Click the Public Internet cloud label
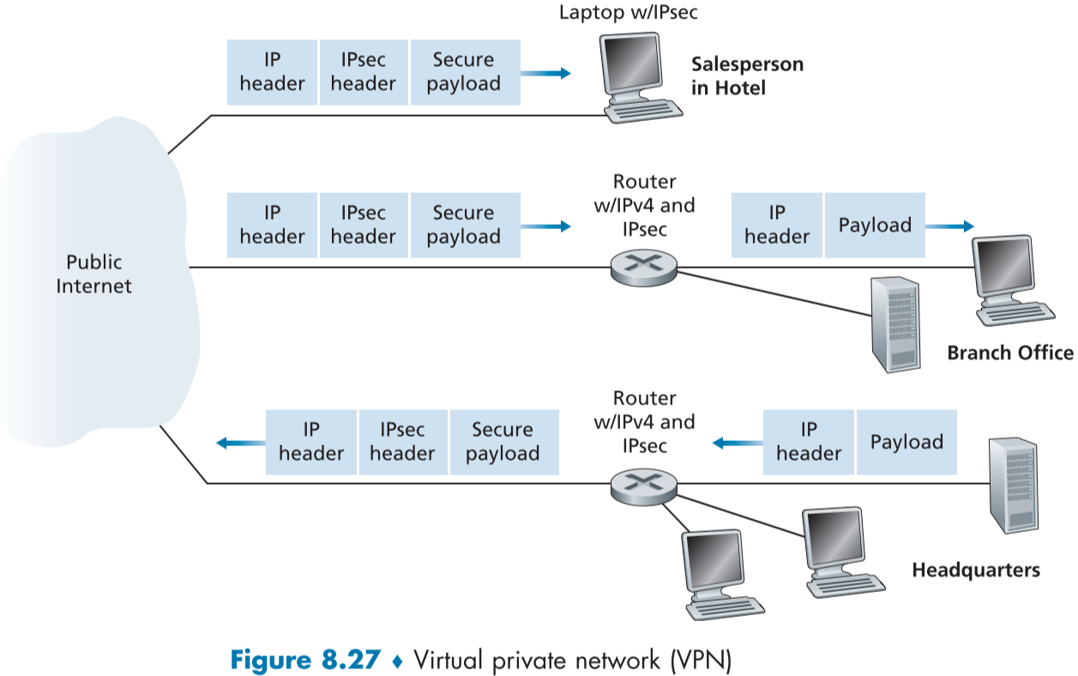(94, 274)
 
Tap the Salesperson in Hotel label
(747, 76)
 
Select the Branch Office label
(1009, 353)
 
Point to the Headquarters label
(975, 570)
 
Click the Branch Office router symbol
(644, 268)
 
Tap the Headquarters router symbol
(644, 485)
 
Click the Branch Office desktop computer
(1013, 279)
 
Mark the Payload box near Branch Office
(875, 226)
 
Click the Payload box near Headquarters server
(906, 443)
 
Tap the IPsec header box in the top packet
(364, 72)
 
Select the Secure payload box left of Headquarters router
(503, 442)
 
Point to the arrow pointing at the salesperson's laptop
(546, 74)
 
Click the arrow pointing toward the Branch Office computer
(950, 226)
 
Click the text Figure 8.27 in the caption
(304, 661)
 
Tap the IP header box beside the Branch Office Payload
(777, 226)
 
